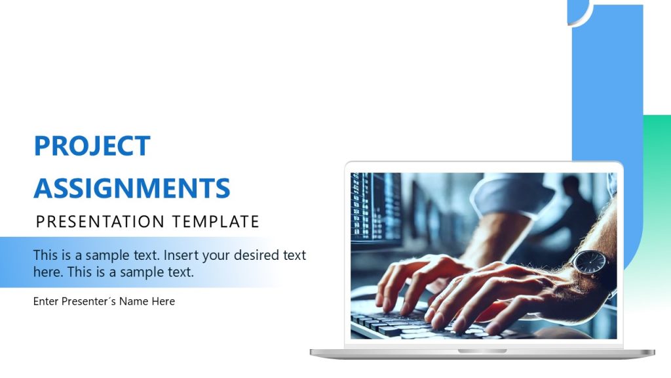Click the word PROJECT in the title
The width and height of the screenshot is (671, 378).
click(x=92, y=146)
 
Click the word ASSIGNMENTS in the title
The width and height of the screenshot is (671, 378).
click(x=132, y=188)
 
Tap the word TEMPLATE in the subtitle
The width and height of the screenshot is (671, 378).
click(x=216, y=222)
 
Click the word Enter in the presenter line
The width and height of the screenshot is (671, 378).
click(x=46, y=302)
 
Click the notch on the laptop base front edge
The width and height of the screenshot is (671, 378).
click(x=482, y=352)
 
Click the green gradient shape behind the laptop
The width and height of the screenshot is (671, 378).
click(x=655, y=197)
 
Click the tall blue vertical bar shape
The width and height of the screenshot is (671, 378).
click(x=606, y=85)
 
